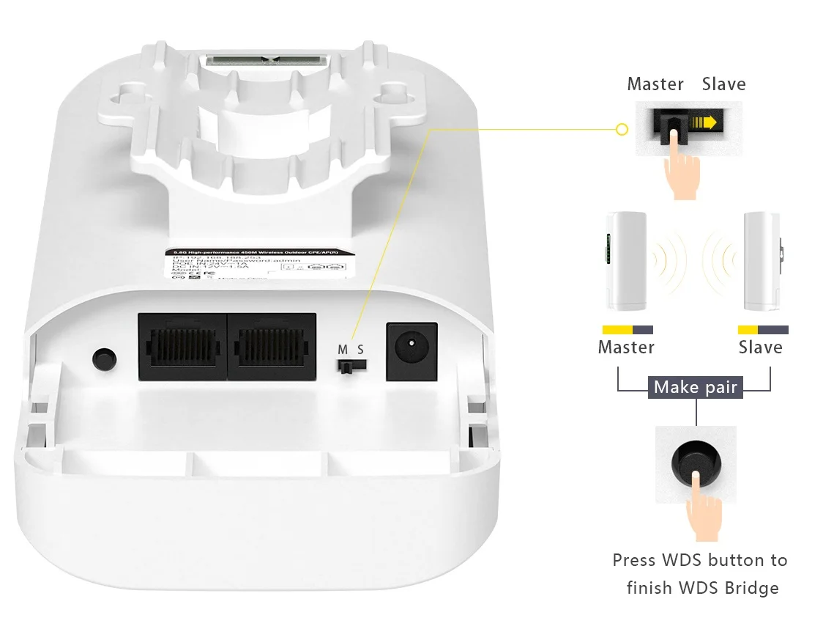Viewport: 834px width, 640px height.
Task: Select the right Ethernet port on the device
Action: click(x=272, y=346)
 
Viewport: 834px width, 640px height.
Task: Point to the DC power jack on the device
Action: click(x=411, y=351)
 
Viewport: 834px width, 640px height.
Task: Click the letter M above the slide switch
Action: click(x=343, y=350)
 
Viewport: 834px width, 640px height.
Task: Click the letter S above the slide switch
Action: click(x=360, y=350)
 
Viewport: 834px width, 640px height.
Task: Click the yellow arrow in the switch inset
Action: click(x=705, y=122)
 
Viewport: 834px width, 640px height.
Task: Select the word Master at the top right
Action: click(x=655, y=84)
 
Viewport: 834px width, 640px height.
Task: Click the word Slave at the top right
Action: click(x=723, y=84)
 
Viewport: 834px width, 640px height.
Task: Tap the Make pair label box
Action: click(x=695, y=387)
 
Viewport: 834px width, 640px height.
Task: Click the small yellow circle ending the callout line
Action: click(x=622, y=130)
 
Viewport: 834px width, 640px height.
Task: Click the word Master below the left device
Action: click(x=626, y=347)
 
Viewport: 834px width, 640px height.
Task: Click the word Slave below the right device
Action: click(x=760, y=347)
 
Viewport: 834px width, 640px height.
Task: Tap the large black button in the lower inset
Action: click(x=696, y=464)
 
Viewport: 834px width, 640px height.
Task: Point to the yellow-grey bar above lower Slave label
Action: click(x=763, y=330)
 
